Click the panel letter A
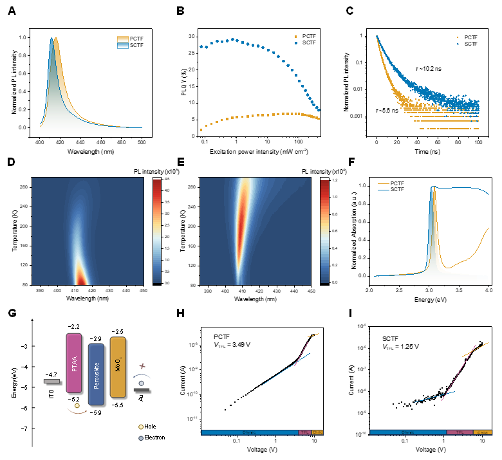(11, 11)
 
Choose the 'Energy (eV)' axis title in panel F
(429, 299)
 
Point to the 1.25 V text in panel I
(407, 346)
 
